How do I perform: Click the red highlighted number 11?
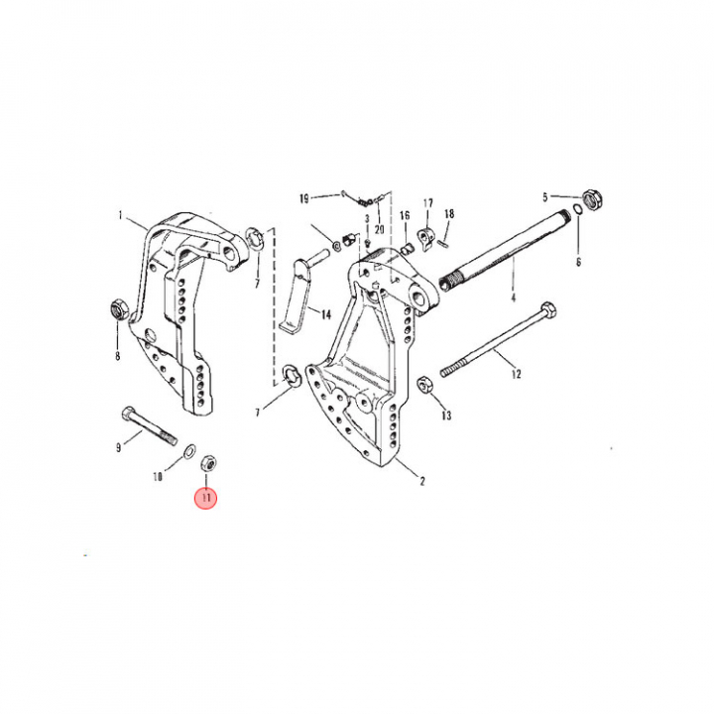(x=206, y=497)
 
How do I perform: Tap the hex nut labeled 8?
(x=119, y=309)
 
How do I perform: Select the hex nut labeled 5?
(x=593, y=199)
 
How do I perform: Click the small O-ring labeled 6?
(x=577, y=209)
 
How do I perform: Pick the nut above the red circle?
(x=208, y=464)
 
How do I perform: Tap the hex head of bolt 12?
(x=547, y=310)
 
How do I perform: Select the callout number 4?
(x=514, y=297)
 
